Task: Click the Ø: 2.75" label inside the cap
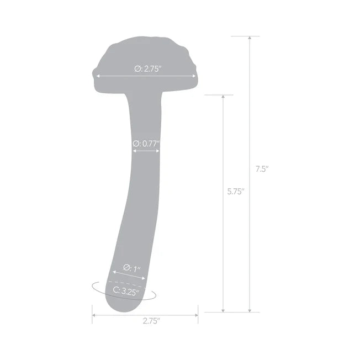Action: (x=147, y=69)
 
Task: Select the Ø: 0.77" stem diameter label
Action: (x=146, y=144)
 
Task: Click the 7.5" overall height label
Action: (x=262, y=170)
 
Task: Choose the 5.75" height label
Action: (x=236, y=192)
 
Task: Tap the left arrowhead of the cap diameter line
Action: (x=98, y=77)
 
